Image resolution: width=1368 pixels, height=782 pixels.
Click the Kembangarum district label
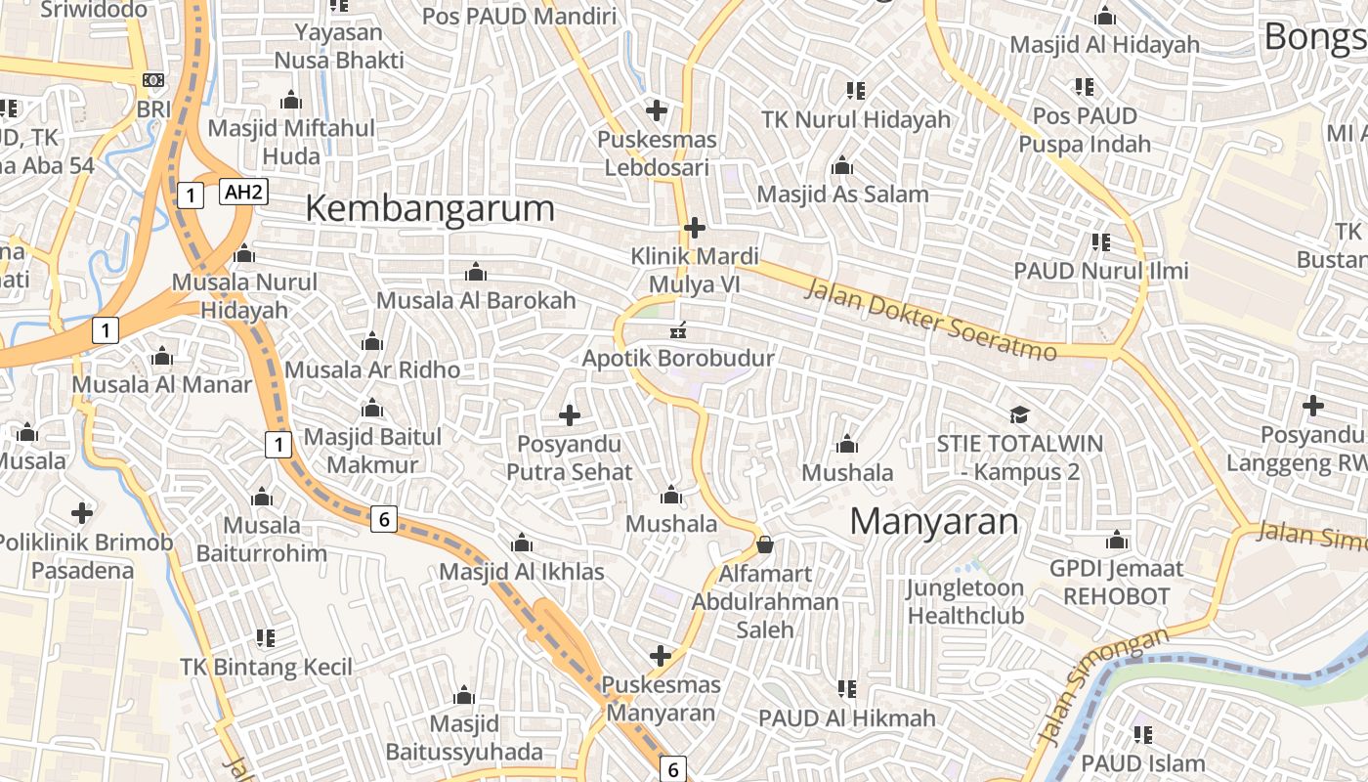[x=430, y=208]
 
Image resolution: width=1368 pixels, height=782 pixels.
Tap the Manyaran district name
[x=933, y=521]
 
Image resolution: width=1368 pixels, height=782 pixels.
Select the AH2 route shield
[x=243, y=192]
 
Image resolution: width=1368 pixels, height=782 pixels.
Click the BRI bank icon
[x=153, y=80]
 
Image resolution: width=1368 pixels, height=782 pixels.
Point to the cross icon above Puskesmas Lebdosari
[x=657, y=109]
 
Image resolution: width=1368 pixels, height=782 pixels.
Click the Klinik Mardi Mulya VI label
[x=695, y=270]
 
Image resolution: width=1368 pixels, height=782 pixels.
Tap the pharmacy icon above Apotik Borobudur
[x=677, y=330]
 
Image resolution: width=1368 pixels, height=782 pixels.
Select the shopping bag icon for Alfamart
[x=764, y=543]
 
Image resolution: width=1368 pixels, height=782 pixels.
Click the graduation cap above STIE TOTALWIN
[x=1019, y=414]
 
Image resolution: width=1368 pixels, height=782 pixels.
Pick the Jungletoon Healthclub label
[x=965, y=601]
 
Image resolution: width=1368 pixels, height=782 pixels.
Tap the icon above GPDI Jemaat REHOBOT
[x=1116, y=540]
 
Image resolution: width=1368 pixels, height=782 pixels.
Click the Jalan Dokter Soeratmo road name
[x=930, y=319]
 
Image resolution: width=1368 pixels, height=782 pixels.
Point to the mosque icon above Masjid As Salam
[x=841, y=165]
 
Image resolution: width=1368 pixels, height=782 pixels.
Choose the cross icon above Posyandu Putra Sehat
[x=570, y=415]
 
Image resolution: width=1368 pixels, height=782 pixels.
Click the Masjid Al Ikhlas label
[x=522, y=571]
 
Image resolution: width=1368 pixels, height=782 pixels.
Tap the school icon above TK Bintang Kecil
[x=266, y=638]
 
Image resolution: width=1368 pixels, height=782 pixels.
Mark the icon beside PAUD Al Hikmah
[x=847, y=689]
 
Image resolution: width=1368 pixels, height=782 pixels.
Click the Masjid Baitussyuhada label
[x=464, y=738]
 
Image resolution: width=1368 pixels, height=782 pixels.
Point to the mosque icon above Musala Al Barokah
[x=476, y=272]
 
